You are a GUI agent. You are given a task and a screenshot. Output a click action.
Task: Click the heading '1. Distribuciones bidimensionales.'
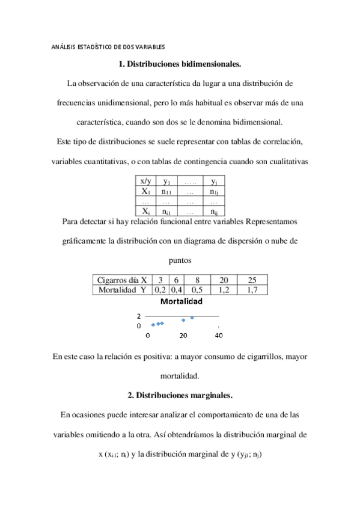coord(180,63)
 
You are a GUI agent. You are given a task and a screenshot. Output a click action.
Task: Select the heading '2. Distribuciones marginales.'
coord(180,395)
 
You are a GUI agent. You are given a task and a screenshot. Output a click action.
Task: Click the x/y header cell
coord(145,180)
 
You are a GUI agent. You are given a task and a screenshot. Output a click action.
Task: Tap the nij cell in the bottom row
coord(213,211)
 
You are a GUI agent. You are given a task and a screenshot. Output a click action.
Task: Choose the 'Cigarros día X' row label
coord(123,280)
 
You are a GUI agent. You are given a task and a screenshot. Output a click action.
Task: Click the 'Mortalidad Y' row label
coord(123,289)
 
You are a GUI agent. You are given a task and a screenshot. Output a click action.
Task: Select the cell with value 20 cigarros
coord(224,280)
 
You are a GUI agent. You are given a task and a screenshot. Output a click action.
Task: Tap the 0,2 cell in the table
coord(160,289)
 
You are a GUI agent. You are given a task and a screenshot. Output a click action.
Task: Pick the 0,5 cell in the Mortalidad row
coord(197,289)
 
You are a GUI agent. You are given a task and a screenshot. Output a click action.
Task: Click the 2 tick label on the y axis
coord(139,316)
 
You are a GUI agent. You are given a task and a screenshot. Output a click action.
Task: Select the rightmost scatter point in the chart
coord(192,318)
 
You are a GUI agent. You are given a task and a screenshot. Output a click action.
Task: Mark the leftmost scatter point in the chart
coord(153,325)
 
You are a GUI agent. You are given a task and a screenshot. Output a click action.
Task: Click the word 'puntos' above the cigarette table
coord(180,261)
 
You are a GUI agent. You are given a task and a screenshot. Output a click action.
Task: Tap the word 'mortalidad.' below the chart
coord(180,376)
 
